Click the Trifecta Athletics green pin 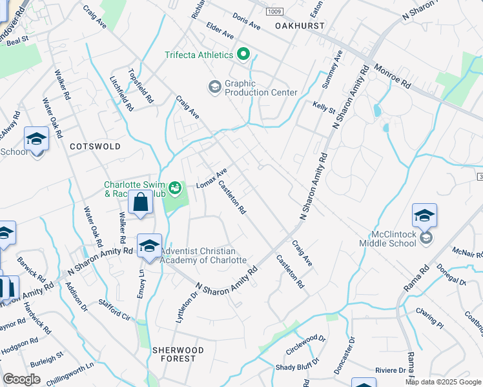[x=243, y=55]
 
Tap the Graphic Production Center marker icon [x=214, y=86]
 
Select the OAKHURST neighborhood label [x=297, y=26]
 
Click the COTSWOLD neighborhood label [x=95, y=146]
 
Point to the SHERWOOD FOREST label [x=178, y=354]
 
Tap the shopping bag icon [x=140, y=204]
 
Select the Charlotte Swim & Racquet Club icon [x=174, y=186]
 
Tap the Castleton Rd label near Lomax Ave [x=232, y=197]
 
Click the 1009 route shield [x=275, y=12]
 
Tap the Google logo [x=22, y=379]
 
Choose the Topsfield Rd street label [x=141, y=86]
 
